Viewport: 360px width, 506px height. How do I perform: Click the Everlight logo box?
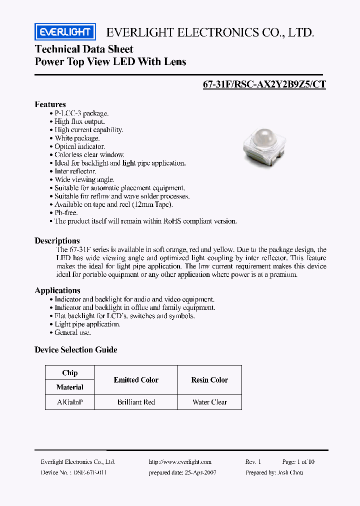(64, 32)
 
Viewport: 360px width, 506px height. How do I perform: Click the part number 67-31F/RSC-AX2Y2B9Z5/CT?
(264, 84)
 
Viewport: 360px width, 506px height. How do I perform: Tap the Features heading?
(50, 104)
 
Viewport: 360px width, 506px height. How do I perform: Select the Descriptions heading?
(57, 240)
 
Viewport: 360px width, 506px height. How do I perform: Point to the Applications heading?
(57, 290)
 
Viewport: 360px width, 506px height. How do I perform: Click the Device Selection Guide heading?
(75, 349)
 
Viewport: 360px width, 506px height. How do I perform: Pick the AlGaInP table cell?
(69, 402)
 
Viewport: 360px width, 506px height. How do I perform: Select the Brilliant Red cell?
(136, 402)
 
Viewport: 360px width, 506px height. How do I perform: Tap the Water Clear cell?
(209, 402)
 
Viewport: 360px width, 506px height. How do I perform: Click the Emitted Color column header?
(136, 380)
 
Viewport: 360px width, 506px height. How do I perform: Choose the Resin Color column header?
(209, 380)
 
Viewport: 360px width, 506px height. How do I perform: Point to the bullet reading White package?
(77, 138)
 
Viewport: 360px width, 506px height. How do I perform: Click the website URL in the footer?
(180, 462)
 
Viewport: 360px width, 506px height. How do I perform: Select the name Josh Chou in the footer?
(289, 472)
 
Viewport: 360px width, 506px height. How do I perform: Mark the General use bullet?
(72, 332)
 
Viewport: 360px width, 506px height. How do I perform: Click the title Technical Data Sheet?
(84, 49)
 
